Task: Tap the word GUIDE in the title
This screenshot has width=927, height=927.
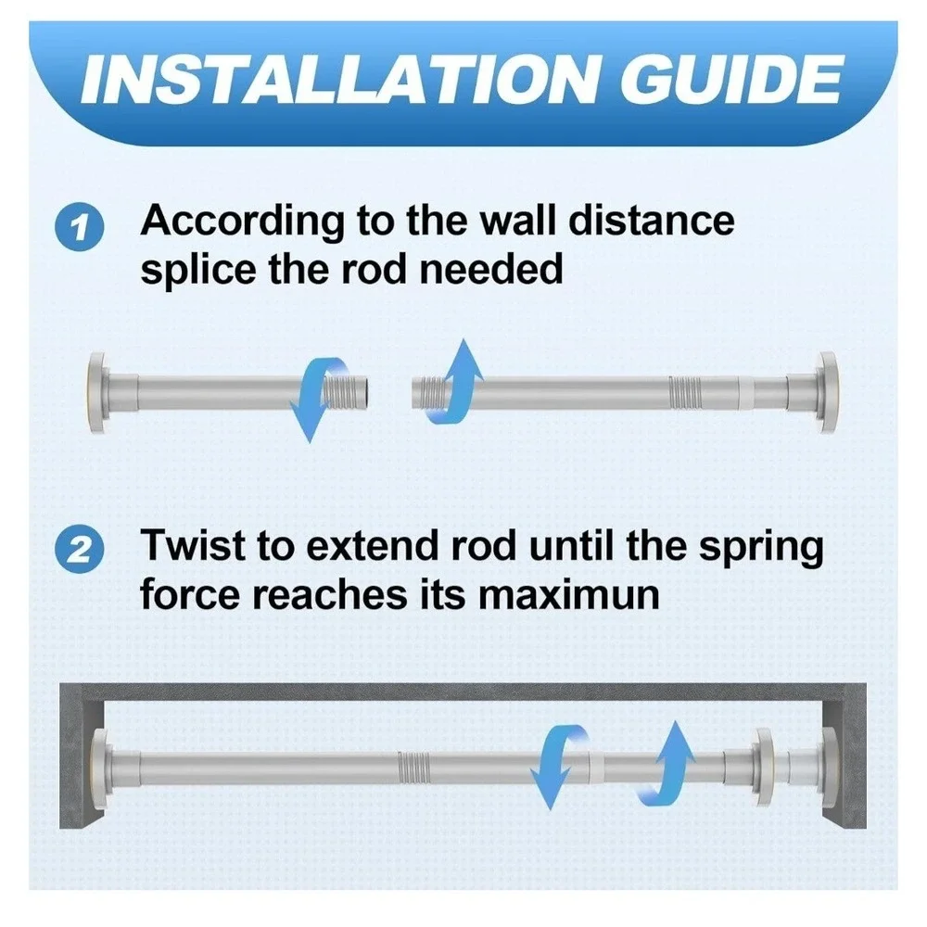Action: click(730, 80)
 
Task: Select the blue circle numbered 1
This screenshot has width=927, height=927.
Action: click(79, 227)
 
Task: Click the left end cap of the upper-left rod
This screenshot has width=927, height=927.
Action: click(97, 392)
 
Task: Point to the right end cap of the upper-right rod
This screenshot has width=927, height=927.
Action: click(827, 392)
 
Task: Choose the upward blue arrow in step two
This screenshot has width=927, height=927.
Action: click(667, 762)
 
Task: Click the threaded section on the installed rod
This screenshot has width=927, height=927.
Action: click(413, 768)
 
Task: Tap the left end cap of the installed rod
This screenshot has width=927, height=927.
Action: click(101, 768)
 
